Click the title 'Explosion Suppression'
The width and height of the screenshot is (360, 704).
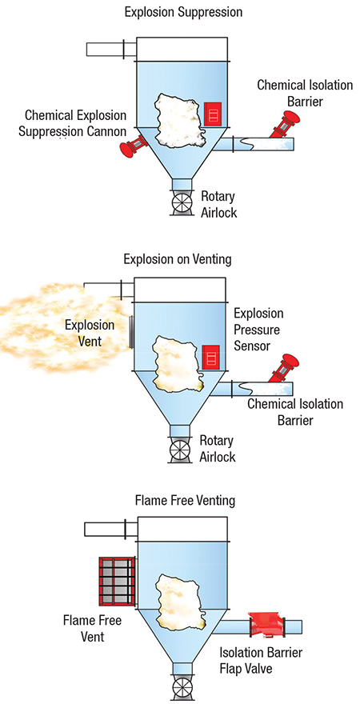point(183,12)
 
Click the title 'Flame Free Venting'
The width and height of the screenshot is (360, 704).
point(185,500)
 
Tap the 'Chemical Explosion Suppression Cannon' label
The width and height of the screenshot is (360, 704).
point(73,123)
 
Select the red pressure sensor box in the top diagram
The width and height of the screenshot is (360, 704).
point(213,114)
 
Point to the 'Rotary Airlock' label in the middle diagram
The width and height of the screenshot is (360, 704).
point(218,448)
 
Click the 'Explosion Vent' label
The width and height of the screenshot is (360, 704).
point(89,332)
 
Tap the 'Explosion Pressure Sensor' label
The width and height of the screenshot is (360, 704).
point(258,329)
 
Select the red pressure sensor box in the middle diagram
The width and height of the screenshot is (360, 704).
point(210,358)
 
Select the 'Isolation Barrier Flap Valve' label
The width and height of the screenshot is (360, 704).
point(261,660)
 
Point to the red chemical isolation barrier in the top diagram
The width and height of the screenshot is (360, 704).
point(282,123)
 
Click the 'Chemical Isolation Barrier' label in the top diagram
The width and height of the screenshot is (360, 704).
point(305,93)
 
